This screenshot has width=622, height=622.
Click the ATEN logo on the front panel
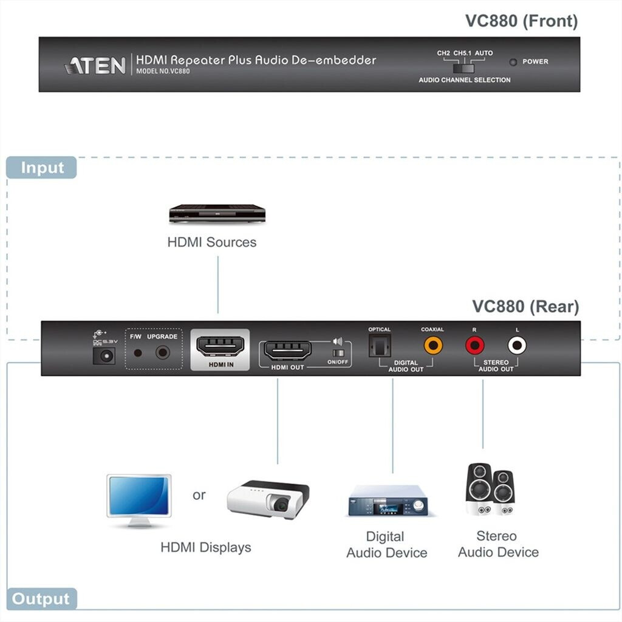pos(95,66)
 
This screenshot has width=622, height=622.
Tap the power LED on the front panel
pos(513,62)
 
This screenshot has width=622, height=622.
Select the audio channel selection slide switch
pos(463,68)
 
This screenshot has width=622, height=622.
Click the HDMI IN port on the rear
pos(220,346)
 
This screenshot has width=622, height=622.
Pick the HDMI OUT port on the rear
pos(287,350)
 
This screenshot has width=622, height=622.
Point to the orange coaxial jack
pos(433,345)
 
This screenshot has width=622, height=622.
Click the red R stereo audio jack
pos(475,345)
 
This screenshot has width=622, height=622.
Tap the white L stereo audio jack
pos(517,345)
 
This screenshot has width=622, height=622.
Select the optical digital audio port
pos(380,346)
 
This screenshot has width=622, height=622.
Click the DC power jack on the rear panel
pos(104,356)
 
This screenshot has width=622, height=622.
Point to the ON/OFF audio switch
pos(338,353)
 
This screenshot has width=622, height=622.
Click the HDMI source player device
pos(217,214)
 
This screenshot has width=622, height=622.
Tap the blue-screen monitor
pos(139,501)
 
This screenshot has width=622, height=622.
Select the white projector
pos(268,499)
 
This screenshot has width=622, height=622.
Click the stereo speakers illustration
pos(491,489)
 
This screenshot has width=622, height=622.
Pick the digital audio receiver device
pos(388,501)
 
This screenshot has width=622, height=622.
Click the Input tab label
pos(42,168)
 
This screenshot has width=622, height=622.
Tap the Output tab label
pos(41,598)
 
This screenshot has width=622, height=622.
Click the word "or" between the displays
pos(199,496)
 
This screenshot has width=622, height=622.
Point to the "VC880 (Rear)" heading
pos(525,307)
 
